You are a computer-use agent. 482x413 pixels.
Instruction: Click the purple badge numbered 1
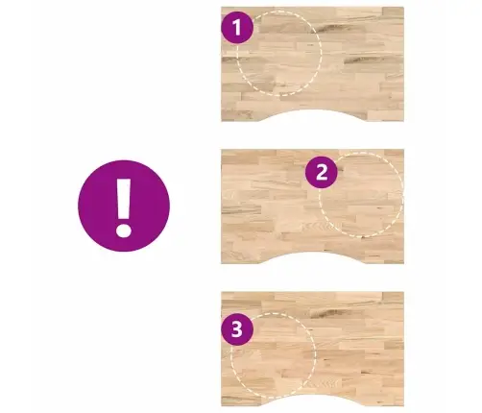[x=237, y=28]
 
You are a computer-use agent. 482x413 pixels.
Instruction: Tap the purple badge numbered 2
[x=322, y=172]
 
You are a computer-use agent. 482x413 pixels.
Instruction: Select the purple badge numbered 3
[x=237, y=329]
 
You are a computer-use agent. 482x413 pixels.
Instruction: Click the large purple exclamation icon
[x=124, y=206]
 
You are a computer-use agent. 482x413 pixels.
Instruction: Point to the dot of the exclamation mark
[x=124, y=231]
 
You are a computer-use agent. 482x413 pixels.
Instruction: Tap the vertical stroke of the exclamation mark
[x=124, y=199]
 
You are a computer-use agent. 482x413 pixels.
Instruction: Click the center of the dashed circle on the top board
[x=279, y=53]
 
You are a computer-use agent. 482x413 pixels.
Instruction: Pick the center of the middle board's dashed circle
[x=361, y=195]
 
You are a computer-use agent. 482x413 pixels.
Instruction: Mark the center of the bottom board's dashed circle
[x=274, y=355]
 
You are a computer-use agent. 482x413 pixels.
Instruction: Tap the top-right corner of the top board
[x=403, y=7]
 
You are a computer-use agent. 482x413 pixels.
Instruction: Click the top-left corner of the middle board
[x=222, y=150]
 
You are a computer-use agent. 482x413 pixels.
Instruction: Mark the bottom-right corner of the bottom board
[x=403, y=406]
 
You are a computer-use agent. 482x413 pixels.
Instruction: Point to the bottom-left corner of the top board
[x=222, y=121]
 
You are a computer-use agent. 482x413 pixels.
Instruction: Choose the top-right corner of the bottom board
[x=403, y=292]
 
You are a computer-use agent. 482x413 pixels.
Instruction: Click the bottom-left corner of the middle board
[x=222, y=263]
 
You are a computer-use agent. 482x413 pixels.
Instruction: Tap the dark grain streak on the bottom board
[x=325, y=313]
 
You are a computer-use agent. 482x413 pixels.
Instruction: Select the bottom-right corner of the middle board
[x=403, y=263]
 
